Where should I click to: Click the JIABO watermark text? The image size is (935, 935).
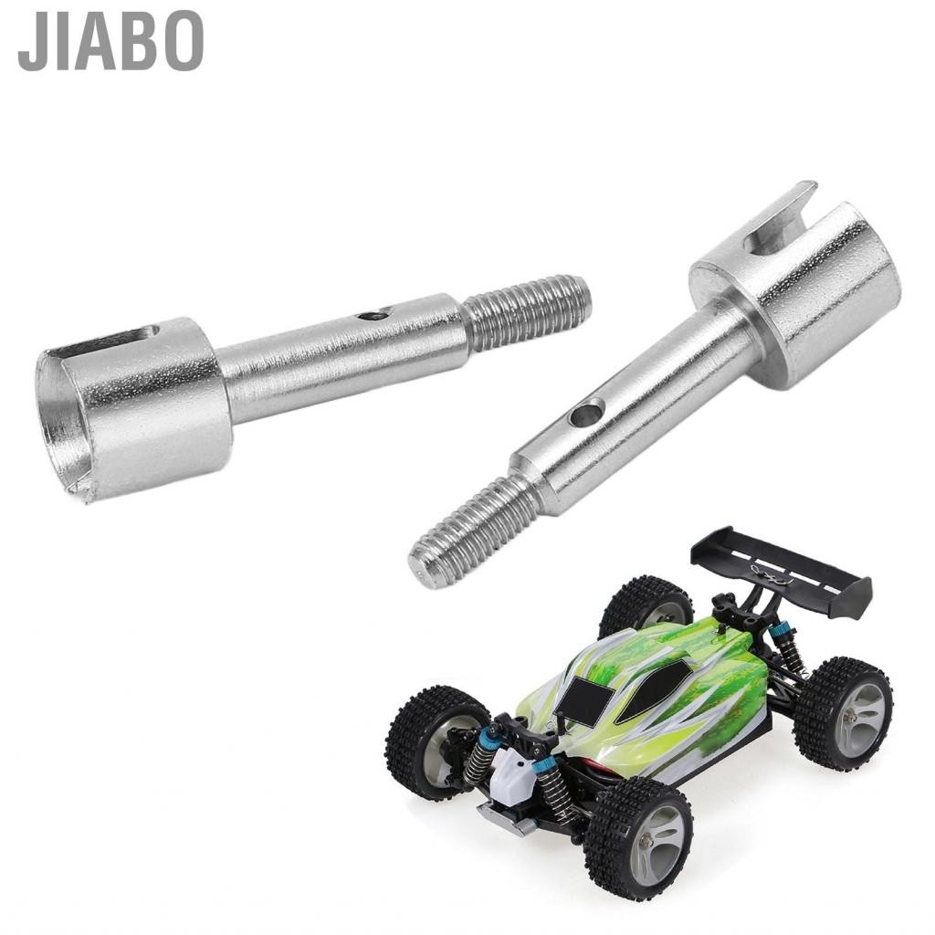(110, 41)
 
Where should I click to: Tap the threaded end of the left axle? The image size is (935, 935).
(528, 312)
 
